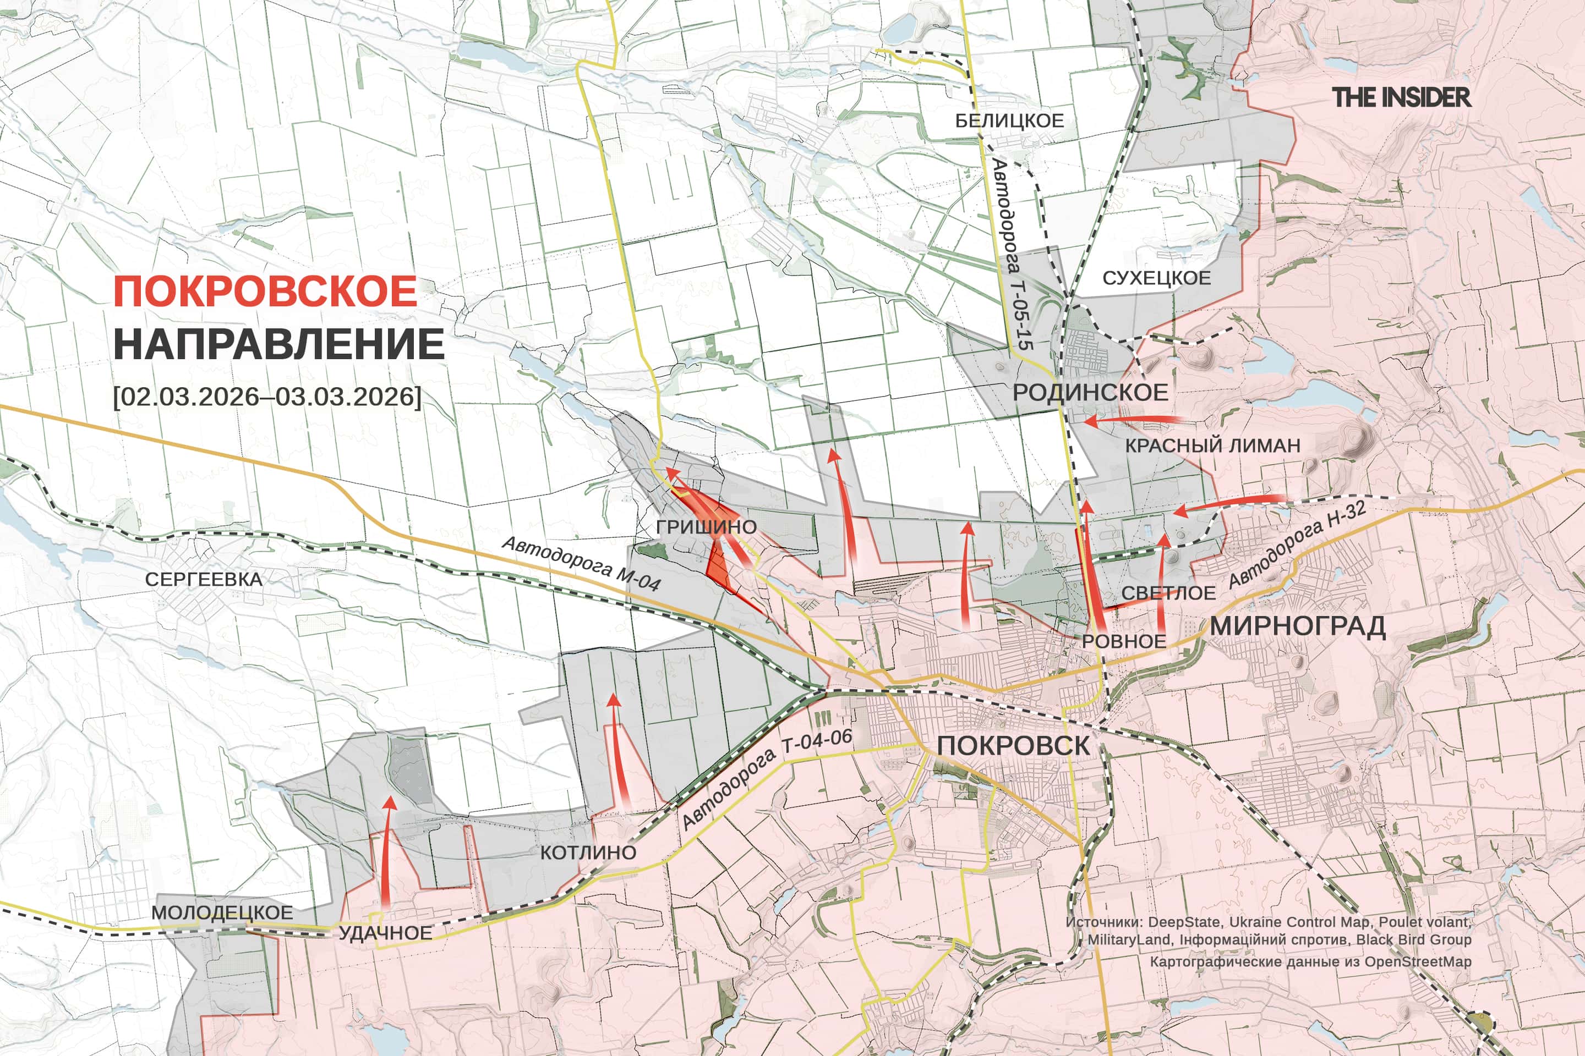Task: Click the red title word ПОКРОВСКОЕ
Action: (265, 291)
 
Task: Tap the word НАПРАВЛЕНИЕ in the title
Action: (278, 344)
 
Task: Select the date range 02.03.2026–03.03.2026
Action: (267, 396)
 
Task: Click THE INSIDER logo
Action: (1401, 98)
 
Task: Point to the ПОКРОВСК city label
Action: (1013, 746)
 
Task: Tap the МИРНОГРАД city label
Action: (1297, 626)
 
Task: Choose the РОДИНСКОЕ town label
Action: (1090, 393)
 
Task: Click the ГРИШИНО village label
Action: (706, 527)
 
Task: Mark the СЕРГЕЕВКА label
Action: (204, 579)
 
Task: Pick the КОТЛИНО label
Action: (588, 853)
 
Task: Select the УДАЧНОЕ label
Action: (385, 933)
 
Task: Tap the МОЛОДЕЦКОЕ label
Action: (222, 912)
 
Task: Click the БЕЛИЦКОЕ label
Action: (1009, 121)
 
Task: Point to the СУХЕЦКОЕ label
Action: (1156, 278)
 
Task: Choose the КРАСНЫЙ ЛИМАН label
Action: (1212, 445)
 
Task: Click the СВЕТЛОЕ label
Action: (1168, 593)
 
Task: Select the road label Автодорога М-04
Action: (581, 564)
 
